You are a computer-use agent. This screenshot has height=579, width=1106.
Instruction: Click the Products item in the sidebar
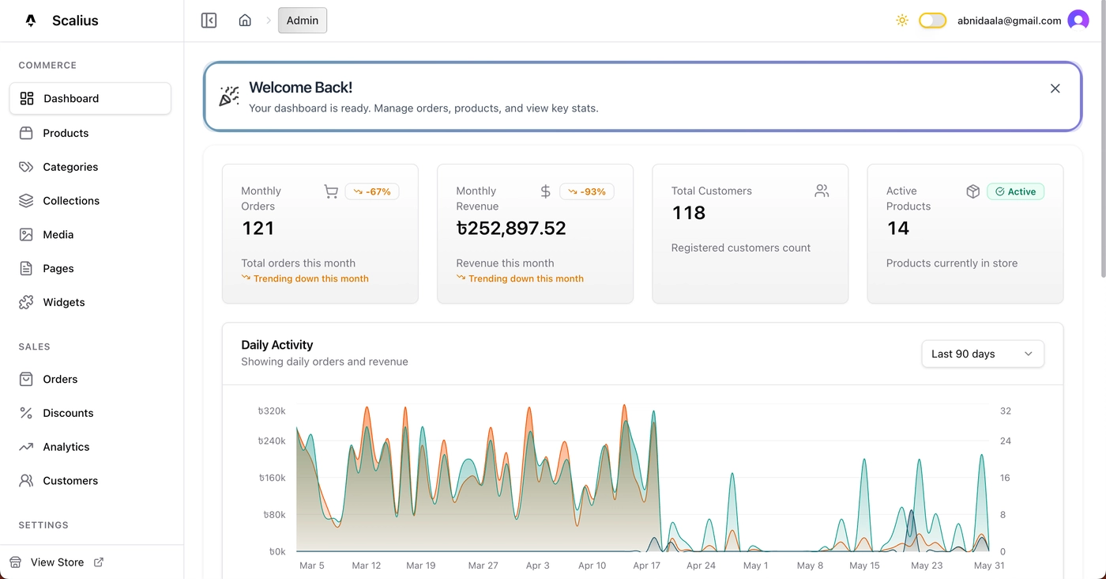coord(66,133)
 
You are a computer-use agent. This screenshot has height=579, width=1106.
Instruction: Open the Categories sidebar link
coord(70,167)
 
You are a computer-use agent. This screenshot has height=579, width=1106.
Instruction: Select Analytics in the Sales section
coord(66,447)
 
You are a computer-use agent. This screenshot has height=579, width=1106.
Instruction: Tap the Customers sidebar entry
coord(70,481)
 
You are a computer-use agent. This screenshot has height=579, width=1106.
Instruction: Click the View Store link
coord(58,562)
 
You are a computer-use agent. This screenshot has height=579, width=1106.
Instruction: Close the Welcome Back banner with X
coord(1055,89)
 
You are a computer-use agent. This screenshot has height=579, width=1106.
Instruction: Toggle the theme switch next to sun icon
coord(932,21)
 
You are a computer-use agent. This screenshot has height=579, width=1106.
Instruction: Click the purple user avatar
coord(1078,21)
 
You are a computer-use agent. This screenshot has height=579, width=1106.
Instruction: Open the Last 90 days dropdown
coord(982,354)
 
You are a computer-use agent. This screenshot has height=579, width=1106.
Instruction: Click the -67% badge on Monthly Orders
coord(372,191)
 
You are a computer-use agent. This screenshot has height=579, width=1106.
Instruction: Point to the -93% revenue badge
coord(587,191)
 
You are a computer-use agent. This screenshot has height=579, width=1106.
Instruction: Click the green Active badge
coord(1015,191)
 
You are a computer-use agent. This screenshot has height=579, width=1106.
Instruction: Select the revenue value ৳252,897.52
coord(511,229)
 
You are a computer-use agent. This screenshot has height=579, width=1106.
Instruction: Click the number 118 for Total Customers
coord(688,213)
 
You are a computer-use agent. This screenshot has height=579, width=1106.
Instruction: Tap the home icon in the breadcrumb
coord(245,21)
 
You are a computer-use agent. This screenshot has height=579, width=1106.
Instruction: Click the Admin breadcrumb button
coord(303,21)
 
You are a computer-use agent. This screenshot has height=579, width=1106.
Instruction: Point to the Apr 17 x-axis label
coord(646,566)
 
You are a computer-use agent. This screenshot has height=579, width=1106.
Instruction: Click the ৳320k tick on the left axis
coord(272,411)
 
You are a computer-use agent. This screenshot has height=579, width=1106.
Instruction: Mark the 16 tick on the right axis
coord(1005,478)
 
